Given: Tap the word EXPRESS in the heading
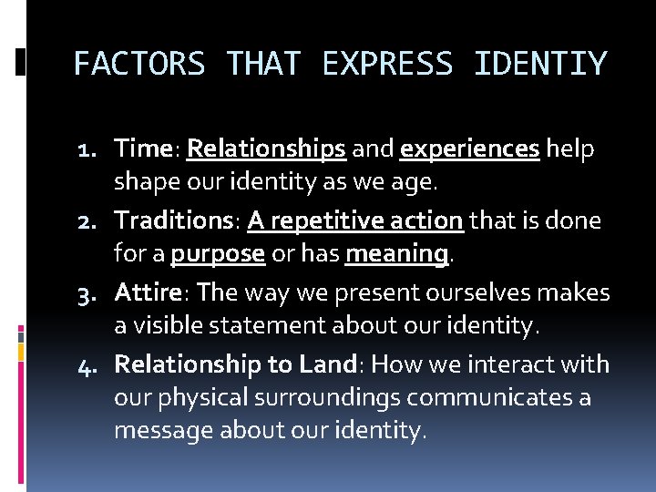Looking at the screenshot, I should click(x=386, y=64).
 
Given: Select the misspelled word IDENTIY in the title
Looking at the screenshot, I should click(x=540, y=64).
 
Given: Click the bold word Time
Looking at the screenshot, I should click(x=143, y=149).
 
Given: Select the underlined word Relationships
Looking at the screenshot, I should click(x=265, y=149).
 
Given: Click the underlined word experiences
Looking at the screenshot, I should click(x=469, y=149).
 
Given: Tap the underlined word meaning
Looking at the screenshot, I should click(x=397, y=253).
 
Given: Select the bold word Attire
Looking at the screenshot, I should click(x=149, y=293).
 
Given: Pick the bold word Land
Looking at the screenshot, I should click(x=325, y=365).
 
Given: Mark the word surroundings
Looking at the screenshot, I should click(x=327, y=398).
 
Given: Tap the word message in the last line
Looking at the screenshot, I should click(x=164, y=430).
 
